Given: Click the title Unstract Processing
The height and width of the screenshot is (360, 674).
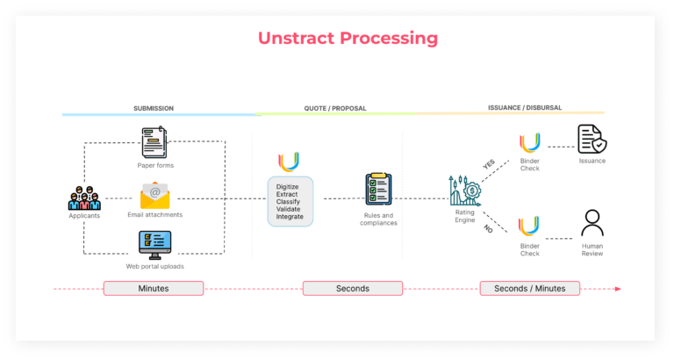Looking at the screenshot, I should (x=348, y=39).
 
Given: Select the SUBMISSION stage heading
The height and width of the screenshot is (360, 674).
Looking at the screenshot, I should (x=153, y=108).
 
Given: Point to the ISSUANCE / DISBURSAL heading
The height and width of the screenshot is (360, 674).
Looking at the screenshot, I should (x=524, y=108).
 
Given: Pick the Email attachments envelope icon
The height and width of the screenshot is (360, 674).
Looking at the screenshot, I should (x=155, y=194).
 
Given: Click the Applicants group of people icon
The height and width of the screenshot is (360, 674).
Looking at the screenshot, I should (x=84, y=197).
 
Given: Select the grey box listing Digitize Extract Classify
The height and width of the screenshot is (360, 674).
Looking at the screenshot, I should (x=290, y=200).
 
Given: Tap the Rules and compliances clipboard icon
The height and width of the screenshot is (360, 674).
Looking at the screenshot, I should (x=378, y=191).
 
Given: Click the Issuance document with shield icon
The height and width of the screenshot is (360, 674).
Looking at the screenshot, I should (x=592, y=140).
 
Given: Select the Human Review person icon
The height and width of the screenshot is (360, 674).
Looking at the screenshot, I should (x=592, y=223).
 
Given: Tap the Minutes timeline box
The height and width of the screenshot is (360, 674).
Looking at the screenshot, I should (x=154, y=288).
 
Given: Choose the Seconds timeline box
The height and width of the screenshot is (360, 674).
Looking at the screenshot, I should (x=352, y=288).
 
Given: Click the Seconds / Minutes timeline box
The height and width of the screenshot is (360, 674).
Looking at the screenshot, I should (x=529, y=288).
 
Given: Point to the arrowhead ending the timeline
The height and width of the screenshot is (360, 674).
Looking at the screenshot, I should (x=618, y=288).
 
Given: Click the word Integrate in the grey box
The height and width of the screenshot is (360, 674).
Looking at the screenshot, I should (x=290, y=216).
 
